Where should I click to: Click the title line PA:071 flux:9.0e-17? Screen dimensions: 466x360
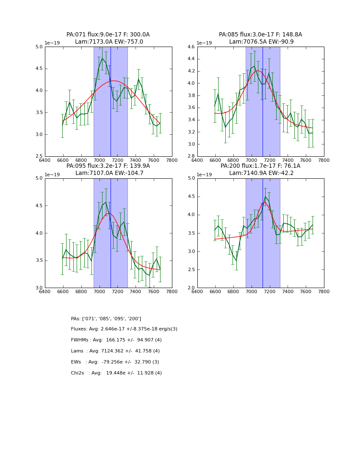click(x=108, y=35)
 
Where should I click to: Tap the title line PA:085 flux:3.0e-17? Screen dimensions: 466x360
click(x=260, y=35)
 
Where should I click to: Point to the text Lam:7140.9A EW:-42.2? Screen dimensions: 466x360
click(x=260, y=173)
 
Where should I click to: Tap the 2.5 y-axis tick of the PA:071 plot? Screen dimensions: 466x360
click(x=39, y=156)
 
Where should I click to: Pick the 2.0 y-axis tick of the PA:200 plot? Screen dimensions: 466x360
click(x=191, y=288)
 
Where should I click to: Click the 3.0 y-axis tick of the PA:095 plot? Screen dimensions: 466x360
click(x=39, y=288)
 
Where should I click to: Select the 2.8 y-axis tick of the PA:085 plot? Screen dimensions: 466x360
click(x=191, y=156)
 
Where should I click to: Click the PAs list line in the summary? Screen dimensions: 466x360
click(x=106, y=319)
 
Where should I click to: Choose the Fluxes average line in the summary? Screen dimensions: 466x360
click(x=124, y=329)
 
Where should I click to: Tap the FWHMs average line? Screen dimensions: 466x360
click(x=116, y=340)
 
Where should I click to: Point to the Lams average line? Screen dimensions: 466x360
click(x=115, y=351)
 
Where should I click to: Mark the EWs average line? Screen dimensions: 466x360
click(x=115, y=362)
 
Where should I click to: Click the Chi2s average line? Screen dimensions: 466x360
click(x=116, y=373)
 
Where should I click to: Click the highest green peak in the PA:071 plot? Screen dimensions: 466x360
click(x=102, y=58)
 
